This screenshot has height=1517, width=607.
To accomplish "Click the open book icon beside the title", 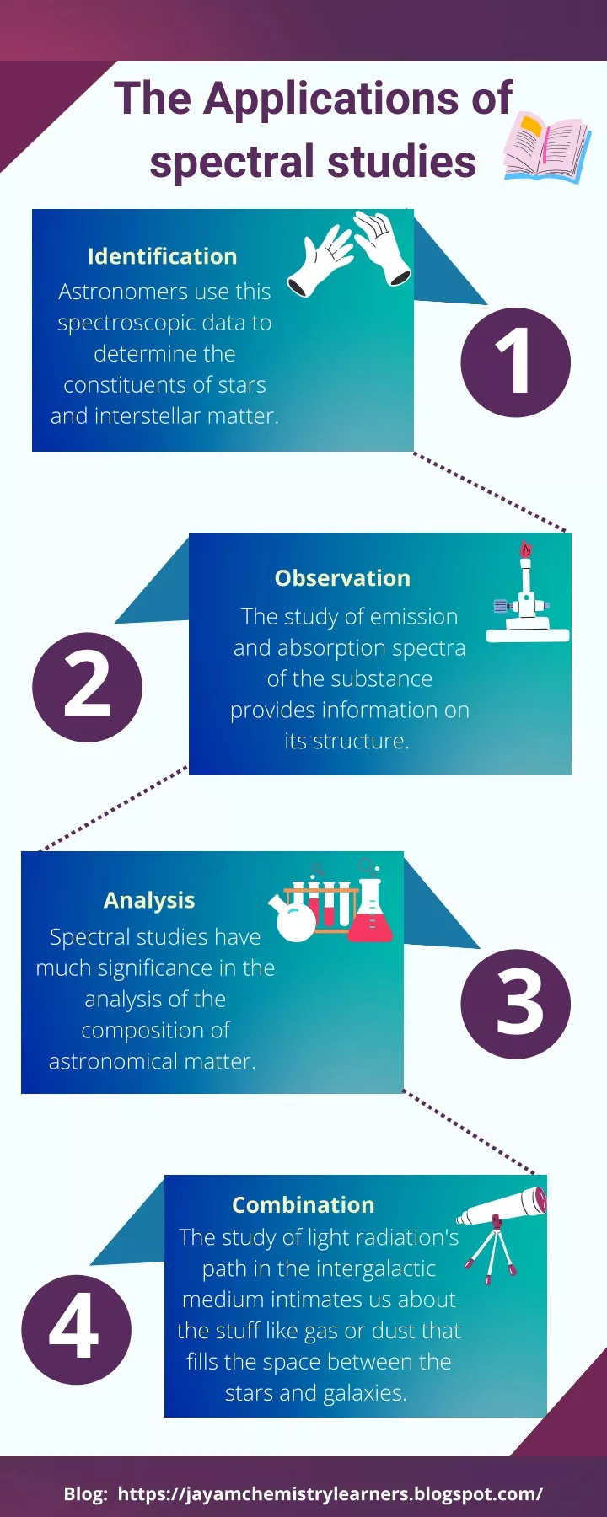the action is point(547,147).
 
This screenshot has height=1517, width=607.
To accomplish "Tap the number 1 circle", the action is point(516,362).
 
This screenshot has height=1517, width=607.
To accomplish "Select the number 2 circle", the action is point(87,687).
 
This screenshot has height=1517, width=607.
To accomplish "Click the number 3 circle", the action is point(516,1004).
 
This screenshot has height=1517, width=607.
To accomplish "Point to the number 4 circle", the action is point(76,1329).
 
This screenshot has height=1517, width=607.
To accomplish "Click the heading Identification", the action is point(162,256).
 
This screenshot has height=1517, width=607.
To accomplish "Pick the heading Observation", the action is point(342,578).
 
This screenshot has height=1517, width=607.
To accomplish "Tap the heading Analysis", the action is point(149,901).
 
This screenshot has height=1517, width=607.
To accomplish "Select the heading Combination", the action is point(303,1205).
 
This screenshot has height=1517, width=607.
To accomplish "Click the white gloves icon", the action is point(349,253).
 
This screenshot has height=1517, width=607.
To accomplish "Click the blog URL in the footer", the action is point(330,1494).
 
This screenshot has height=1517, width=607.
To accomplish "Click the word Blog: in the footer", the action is point(86,1494).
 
